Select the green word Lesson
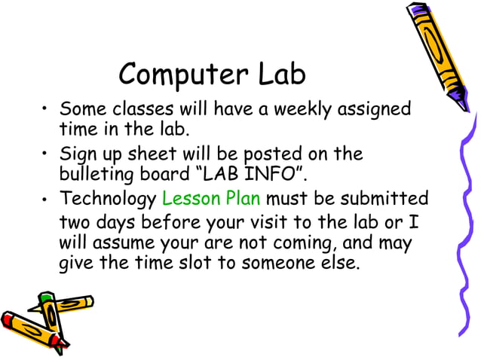[190, 200]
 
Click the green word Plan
[242, 200]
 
